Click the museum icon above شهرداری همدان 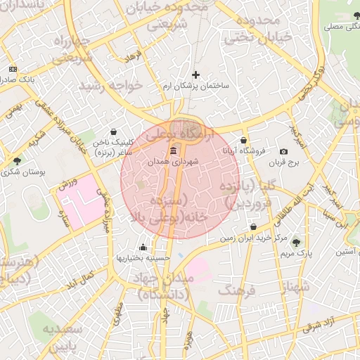click(x=174, y=151)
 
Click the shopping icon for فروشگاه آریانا click(x=244, y=140)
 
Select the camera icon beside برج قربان click(x=283, y=152)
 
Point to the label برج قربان click(x=284, y=162)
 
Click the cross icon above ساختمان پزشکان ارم click(x=195, y=75)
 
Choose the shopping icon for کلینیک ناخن click(x=114, y=131)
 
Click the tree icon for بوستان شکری click(x=17, y=161)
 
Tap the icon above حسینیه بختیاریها click(x=143, y=247)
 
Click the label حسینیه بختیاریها click(x=143, y=258)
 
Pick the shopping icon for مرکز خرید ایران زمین click(x=253, y=227)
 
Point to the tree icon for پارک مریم click(x=295, y=241)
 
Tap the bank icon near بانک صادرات click(x=13, y=69)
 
